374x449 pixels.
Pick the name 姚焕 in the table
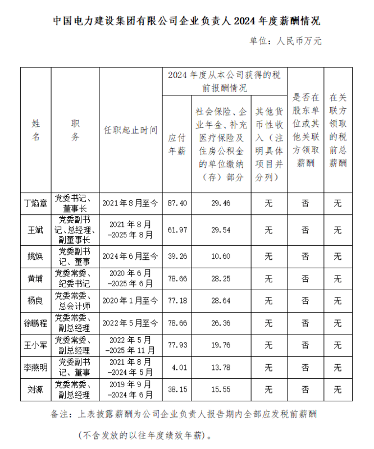click(35, 256)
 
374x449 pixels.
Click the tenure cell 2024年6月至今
click(130, 256)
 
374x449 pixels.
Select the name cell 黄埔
click(35, 278)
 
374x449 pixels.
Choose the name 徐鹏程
click(35, 323)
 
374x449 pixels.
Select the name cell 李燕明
click(35, 367)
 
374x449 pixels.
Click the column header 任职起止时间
click(130, 129)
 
